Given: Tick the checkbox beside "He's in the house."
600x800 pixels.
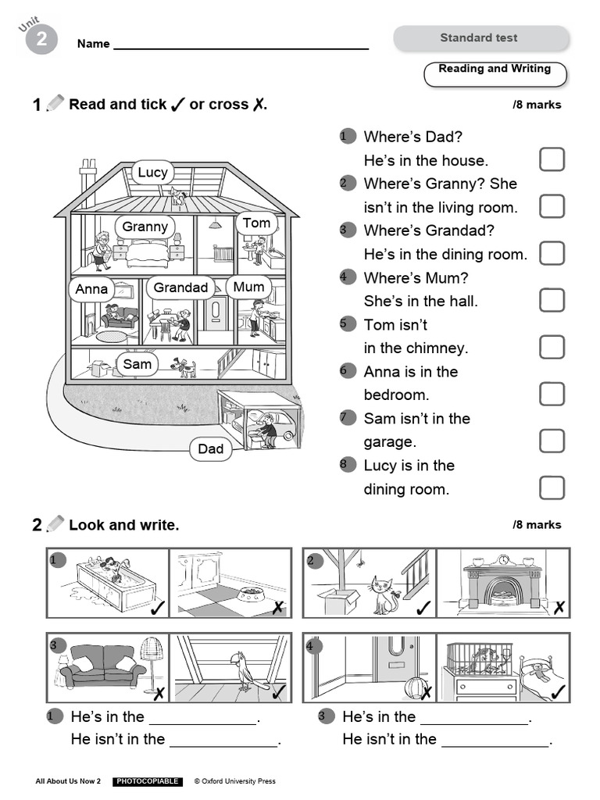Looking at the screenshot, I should pyautogui.click(x=552, y=159).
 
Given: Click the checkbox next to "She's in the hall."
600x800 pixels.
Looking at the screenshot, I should pyautogui.click(x=552, y=300).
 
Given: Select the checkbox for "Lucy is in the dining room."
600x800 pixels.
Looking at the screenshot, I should pyautogui.click(x=552, y=487).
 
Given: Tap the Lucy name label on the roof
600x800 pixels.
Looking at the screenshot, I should pyautogui.click(x=152, y=172).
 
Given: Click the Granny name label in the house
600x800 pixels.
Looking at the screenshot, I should pyautogui.click(x=145, y=227).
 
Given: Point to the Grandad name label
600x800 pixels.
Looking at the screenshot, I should pyautogui.click(x=180, y=287).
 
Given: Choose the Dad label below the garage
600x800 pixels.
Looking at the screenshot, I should pyautogui.click(x=210, y=448).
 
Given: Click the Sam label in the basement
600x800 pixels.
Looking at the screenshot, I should pyautogui.click(x=137, y=364).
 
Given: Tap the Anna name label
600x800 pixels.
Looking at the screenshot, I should pyautogui.click(x=91, y=289).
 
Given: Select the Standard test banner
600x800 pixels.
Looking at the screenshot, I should pyautogui.click(x=480, y=37).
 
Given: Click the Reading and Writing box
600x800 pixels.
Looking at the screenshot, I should pyautogui.click(x=495, y=73).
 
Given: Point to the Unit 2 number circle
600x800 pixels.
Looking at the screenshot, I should pyautogui.click(x=41, y=40).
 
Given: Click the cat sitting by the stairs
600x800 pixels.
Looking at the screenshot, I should pyautogui.click(x=381, y=595).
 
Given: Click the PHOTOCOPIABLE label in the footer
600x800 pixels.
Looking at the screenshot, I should pyautogui.click(x=148, y=781).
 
